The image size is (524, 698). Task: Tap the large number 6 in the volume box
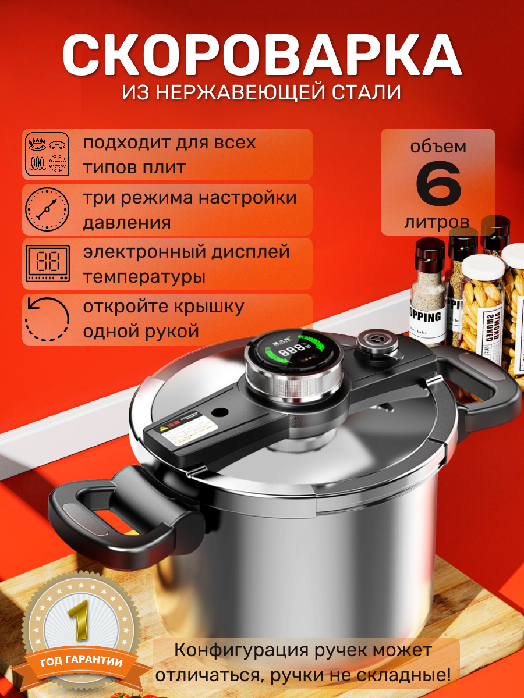coord(438,186)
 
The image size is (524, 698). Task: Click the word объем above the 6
coord(438,146)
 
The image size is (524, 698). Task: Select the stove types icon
coord(47,154)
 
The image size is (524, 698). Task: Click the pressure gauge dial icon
coord(47,210)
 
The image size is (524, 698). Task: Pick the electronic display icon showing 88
coord(47,263)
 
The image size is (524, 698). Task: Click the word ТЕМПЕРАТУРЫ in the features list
coord(144,277)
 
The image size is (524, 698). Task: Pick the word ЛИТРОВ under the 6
coord(437,222)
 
